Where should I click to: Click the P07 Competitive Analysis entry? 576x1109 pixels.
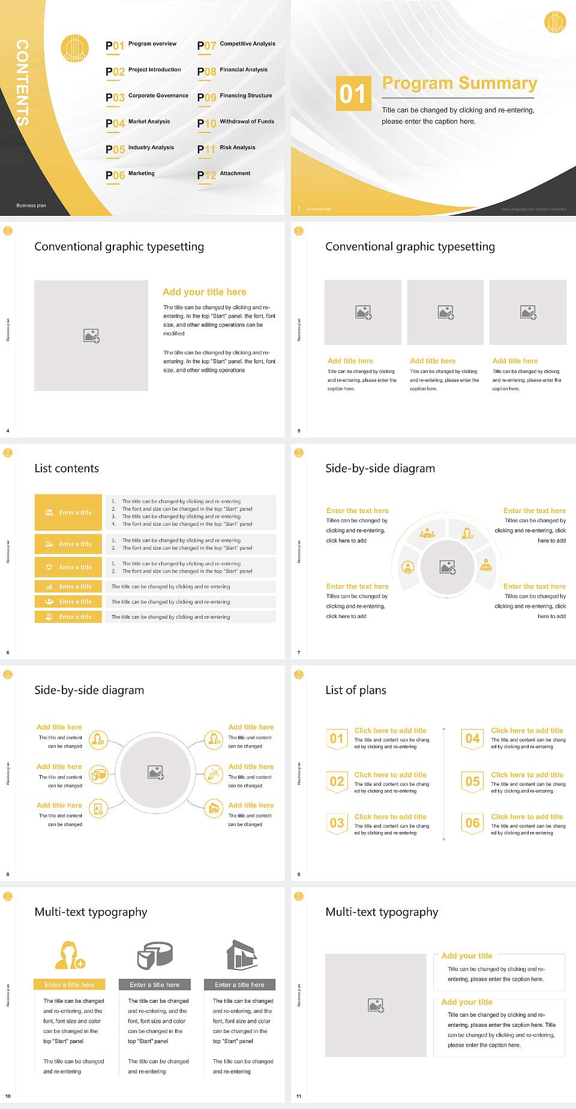pyautogui.click(x=236, y=45)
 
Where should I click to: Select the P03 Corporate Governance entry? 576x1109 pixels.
pyautogui.click(x=147, y=97)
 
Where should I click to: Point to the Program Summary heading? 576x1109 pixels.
pyautogui.click(x=459, y=83)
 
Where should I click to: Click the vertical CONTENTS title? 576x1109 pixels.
pyautogui.click(x=22, y=83)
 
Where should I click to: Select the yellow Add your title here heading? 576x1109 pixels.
pyautogui.click(x=204, y=292)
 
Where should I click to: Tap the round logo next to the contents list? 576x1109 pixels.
pyautogui.click(x=75, y=48)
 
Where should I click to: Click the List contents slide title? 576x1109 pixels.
pyautogui.click(x=67, y=468)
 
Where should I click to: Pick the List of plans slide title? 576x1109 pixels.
pyautogui.click(x=356, y=690)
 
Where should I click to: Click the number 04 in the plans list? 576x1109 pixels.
pyautogui.click(x=473, y=739)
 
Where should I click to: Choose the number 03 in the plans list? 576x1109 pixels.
pyautogui.click(x=337, y=823)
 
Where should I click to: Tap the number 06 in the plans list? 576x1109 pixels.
pyautogui.click(x=473, y=823)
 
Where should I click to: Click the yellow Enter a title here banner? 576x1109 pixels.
pyautogui.click(x=70, y=984)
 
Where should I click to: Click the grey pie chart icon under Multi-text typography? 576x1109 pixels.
pyautogui.click(x=155, y=955)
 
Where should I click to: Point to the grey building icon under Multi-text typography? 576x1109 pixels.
pyautogui.click(x=242, y=955)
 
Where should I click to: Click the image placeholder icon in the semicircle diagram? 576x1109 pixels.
pyautogui.click(x=448, y=567)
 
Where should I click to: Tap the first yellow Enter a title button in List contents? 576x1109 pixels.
pyautogui.click(x=69, y=513)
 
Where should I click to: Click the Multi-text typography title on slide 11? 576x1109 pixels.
pyautogui.click(x=382, y=912)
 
